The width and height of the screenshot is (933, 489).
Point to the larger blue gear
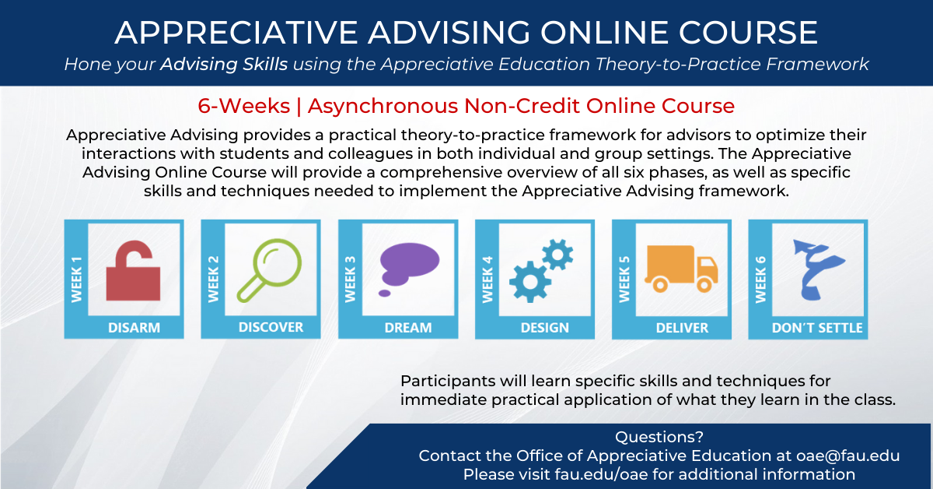530,281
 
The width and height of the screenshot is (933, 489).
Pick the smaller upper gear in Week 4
557,254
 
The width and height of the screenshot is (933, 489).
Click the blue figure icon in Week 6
816,269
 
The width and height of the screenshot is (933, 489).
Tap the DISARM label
134,328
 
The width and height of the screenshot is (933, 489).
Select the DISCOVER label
271,327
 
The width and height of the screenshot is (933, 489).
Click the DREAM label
408,328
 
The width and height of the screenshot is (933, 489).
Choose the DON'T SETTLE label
817,328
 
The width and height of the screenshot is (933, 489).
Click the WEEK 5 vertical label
624,279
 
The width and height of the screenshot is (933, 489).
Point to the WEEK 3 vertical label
351,279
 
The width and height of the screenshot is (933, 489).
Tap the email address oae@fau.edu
848,456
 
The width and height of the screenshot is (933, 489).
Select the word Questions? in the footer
659,437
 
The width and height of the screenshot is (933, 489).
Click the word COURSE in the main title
748,33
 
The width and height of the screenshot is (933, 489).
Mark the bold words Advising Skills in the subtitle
224,65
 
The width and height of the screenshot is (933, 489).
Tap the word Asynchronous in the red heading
383,106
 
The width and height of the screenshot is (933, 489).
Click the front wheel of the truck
704,286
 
